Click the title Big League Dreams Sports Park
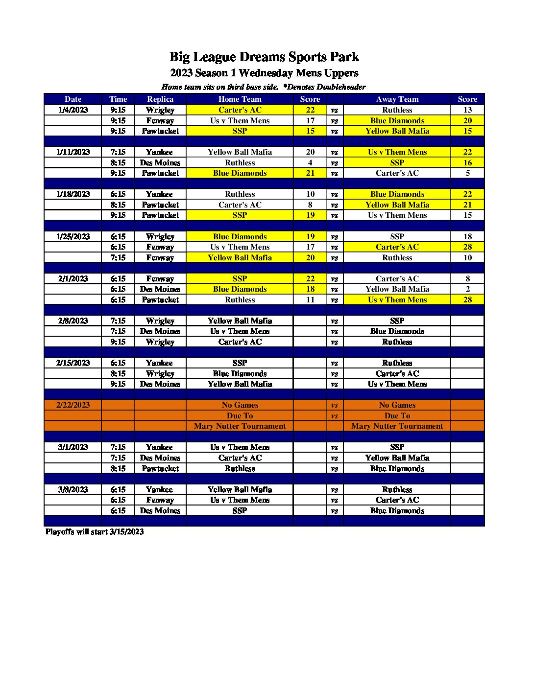point(264,57)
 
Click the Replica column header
point(160,99)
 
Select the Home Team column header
point(240,99)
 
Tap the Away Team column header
point(397,99)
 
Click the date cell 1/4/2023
point(73,110)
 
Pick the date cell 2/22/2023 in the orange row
point(73,405)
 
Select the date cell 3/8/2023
point(73,489)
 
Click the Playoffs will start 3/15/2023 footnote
point(95,532)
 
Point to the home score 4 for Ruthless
point(310,162)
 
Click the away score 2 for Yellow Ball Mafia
point(467,289)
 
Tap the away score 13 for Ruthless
point(467,110)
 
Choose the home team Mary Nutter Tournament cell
point(240,426)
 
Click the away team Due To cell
point(397,416)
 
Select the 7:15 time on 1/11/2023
point(118,152)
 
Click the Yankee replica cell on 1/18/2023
point(160,194)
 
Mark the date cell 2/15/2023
point(73,363)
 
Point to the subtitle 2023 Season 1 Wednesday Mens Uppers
point(264,73)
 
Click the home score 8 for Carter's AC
point(310,205)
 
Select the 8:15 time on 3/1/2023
point(118,468)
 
